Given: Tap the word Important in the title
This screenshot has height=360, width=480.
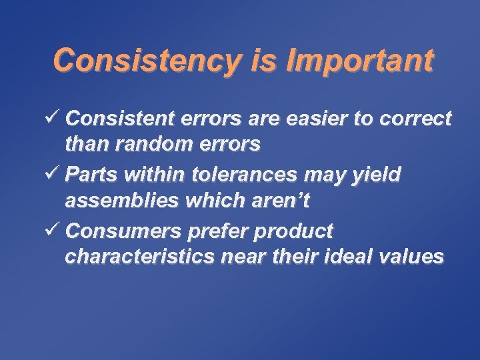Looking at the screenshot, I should point(359,61).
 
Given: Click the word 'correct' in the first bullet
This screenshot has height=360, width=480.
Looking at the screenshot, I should point(413,119).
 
